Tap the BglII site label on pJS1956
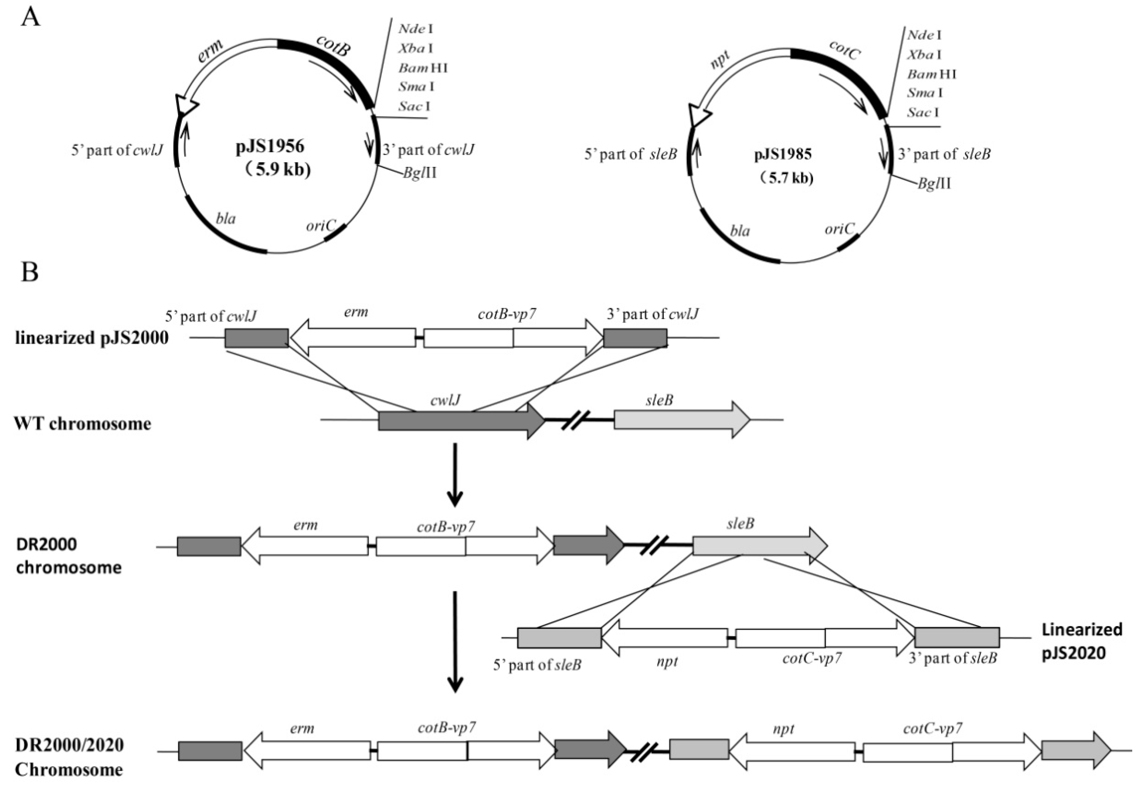click(419, 173)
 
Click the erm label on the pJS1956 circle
click(210, 51)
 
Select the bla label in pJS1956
click(226, 218)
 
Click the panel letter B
click(29, 271)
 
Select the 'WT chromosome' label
click(82, 423)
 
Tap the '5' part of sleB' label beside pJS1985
click(630, 154)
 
